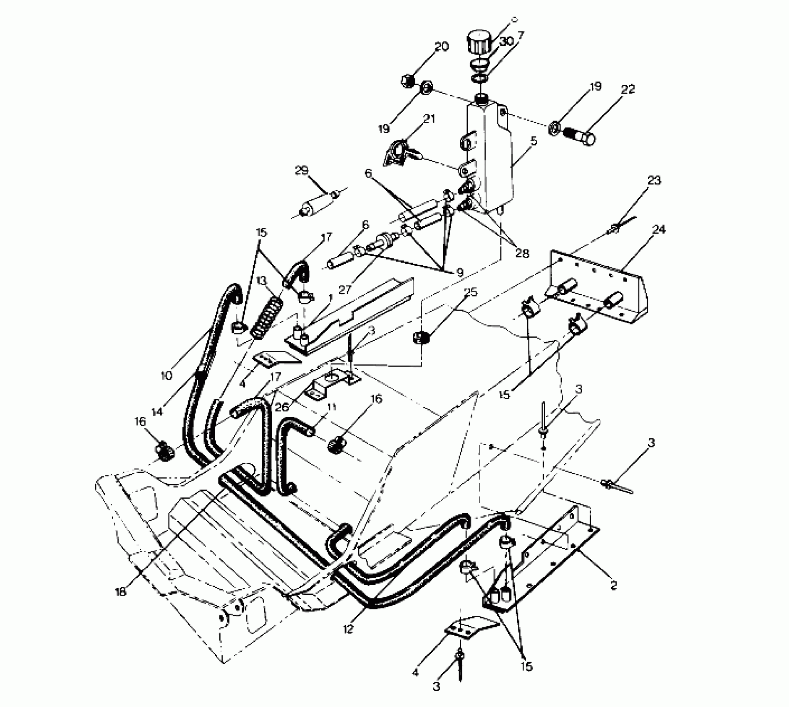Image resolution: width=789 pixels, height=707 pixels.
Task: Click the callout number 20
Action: tap(442, 47)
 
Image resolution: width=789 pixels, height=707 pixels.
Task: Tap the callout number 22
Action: tap(628, 89)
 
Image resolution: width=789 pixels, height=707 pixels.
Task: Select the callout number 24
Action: tap(659, 229)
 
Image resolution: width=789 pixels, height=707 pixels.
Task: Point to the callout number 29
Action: tap(302, 170)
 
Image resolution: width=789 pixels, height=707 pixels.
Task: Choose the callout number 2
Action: tap(613, 585)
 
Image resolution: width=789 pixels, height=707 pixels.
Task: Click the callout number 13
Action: tap(261, 281)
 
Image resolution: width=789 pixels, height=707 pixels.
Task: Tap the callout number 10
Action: tap(166, 376)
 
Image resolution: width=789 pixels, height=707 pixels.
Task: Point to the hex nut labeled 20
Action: tap(407, 80)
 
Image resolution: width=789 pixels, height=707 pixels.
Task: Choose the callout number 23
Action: tap(654, 180)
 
